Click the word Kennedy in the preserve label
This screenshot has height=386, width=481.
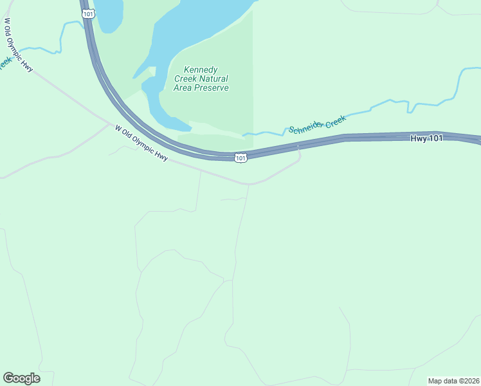(201, 69)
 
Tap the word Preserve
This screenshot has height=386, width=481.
(213, 87)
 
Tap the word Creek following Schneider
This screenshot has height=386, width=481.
(335, 119)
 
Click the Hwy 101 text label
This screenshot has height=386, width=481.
(427, 138)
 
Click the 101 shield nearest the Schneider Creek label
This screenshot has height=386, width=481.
(240, 158)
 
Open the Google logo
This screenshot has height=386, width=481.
(21, 378)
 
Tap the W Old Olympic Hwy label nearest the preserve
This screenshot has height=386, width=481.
(141, 143)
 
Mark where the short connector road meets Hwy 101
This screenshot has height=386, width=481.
(299, 147)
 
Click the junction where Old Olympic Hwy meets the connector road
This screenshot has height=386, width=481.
(249, 184)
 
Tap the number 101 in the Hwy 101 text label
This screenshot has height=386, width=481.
(435, 138)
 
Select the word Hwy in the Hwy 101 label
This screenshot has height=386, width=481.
(418, 138)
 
